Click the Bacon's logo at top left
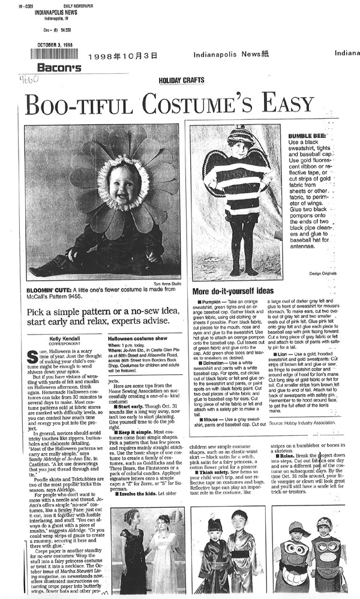point(58,67)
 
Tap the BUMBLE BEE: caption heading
point(305,136)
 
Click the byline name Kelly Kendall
point(59,322)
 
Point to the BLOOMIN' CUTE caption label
point(47,290)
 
